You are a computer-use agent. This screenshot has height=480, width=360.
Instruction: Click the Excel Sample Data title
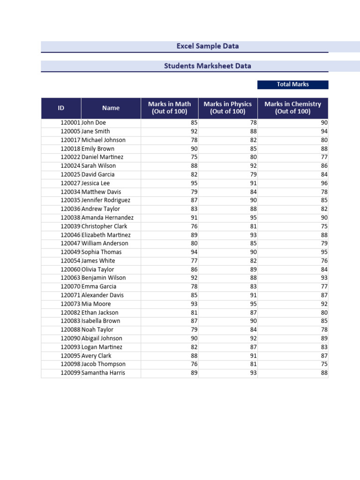207,46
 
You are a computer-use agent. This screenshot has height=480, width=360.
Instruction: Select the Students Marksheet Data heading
207,66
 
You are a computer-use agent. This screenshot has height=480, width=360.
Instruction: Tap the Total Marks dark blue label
292,84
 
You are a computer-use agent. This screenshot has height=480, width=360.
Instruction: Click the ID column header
61,108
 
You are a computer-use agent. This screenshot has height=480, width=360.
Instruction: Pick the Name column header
111,108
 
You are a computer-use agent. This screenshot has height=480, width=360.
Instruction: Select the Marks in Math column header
169,108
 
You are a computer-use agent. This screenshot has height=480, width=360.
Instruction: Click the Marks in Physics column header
227,108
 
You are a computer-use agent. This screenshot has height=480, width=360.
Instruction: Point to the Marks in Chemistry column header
292,108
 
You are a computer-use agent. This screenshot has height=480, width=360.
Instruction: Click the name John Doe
94,123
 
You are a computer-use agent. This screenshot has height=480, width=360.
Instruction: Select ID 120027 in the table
70,183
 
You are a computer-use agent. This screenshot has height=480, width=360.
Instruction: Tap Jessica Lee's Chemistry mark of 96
324,183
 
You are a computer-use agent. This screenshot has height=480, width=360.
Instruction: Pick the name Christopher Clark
104,226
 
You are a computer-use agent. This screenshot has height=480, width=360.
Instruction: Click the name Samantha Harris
103,373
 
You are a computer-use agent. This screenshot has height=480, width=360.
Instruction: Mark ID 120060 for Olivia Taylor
70,270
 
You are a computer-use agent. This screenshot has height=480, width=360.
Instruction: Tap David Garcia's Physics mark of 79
254,174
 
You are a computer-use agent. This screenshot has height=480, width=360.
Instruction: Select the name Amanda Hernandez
107,217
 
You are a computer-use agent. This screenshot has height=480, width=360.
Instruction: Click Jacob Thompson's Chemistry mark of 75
324,364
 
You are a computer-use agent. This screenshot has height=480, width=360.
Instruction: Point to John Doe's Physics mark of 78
254,123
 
